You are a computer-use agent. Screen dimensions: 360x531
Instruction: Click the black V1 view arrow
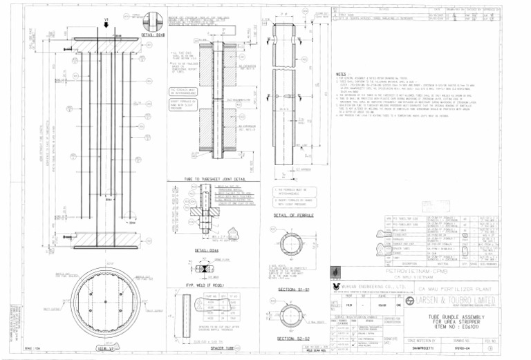pos(104,26)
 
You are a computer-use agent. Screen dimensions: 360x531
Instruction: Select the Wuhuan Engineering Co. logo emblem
pos(336,285)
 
